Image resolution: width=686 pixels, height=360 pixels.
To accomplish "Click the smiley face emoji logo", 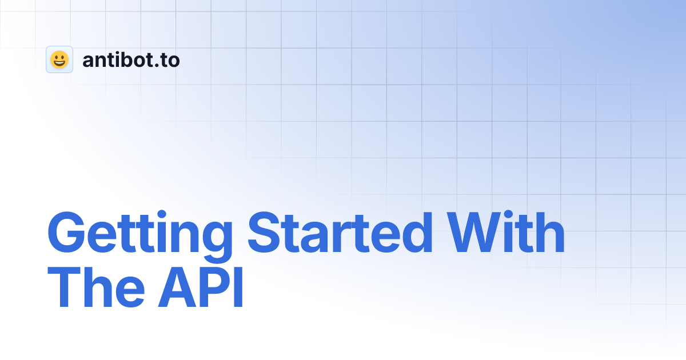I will tap(59, 59).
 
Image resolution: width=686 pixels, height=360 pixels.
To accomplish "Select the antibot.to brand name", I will tap(131, 59).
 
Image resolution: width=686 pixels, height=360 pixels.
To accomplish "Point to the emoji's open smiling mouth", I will tap(59, 63).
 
